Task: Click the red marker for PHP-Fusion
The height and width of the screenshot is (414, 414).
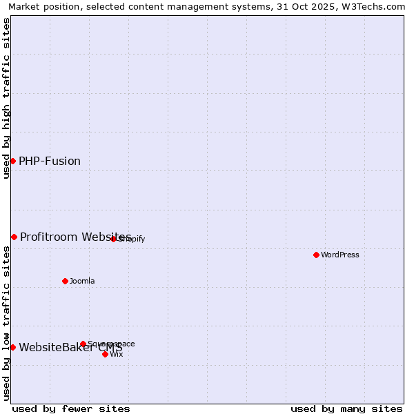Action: (x=12, y=161)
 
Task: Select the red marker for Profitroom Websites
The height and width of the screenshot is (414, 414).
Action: (x=14, y=237)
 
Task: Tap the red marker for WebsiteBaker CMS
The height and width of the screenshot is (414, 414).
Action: (x=12, y=347)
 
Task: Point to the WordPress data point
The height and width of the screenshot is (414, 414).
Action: (x=316, y=255)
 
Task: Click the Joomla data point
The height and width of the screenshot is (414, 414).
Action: (x=66, y=281)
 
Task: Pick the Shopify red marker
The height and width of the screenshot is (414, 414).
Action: (x=114, y=239)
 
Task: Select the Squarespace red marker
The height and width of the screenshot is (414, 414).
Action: (x=83, y=344)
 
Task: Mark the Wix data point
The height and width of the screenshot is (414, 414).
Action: (x=105, y=354)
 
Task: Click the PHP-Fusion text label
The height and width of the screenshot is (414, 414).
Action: (x=50, y=161)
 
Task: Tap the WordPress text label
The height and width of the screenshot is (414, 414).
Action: (x=340, y=255)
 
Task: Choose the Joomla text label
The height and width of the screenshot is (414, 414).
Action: (x=82, y=281)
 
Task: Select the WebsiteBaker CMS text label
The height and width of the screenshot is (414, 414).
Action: (x=70, y=347)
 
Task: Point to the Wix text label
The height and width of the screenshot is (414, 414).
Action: (x=117, y=354)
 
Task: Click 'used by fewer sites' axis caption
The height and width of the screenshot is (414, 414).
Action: (x=71, y=408)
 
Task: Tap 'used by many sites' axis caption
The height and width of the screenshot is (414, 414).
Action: (x=346, y=408)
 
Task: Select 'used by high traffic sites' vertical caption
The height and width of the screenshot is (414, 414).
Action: (x=6, y=98)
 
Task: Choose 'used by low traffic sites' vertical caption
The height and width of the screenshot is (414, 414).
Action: (x=6, y=323)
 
